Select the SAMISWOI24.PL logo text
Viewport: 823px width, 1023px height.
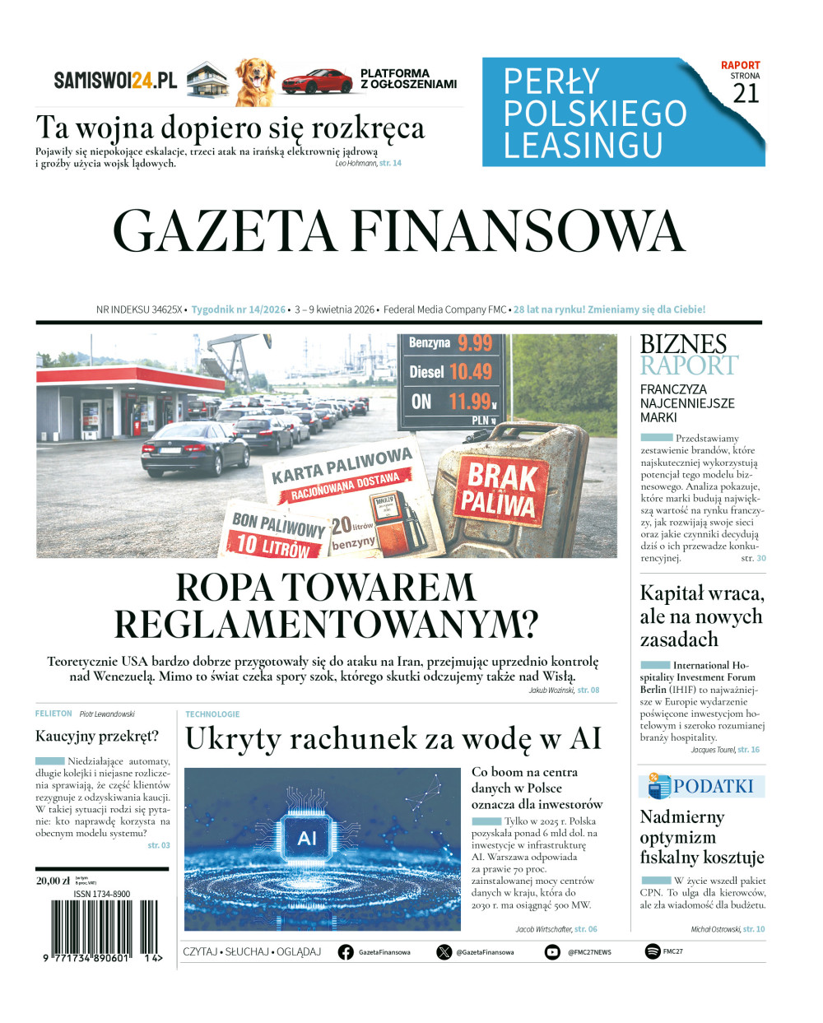pyautogui.click(x=115, y=81)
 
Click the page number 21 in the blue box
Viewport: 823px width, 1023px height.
pyautogui.click(x=746, y=94)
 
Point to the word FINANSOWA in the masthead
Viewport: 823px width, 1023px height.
pyautogui.click(x=518, y=231)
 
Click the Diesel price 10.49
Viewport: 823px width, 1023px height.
pyautogui.click(x=471, y=372)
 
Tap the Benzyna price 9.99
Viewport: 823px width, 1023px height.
pyautogui.click(x=475, y=343)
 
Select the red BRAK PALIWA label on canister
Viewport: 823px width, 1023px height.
pyautogui.click(x=497, y=488)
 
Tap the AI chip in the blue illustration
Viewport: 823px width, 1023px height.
pyautogui.click(x=306, y=838)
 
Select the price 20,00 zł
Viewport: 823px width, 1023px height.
pyautogui.click(x=53, y=881)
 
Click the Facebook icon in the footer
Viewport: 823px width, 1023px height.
pyautogui.click(x=346, y=952)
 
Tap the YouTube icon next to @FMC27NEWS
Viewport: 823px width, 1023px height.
pyautogui.click(x=552, y=952)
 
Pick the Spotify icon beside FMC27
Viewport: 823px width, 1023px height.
pyautogui.click(x=653, y=952)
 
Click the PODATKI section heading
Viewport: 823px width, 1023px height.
pyautogui.click(x=712, y=787)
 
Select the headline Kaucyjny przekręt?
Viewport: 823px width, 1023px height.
pyautogui.click(x=97, y=736)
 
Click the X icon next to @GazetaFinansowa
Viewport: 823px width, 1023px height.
pyautogui.click(x=444, y=952)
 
